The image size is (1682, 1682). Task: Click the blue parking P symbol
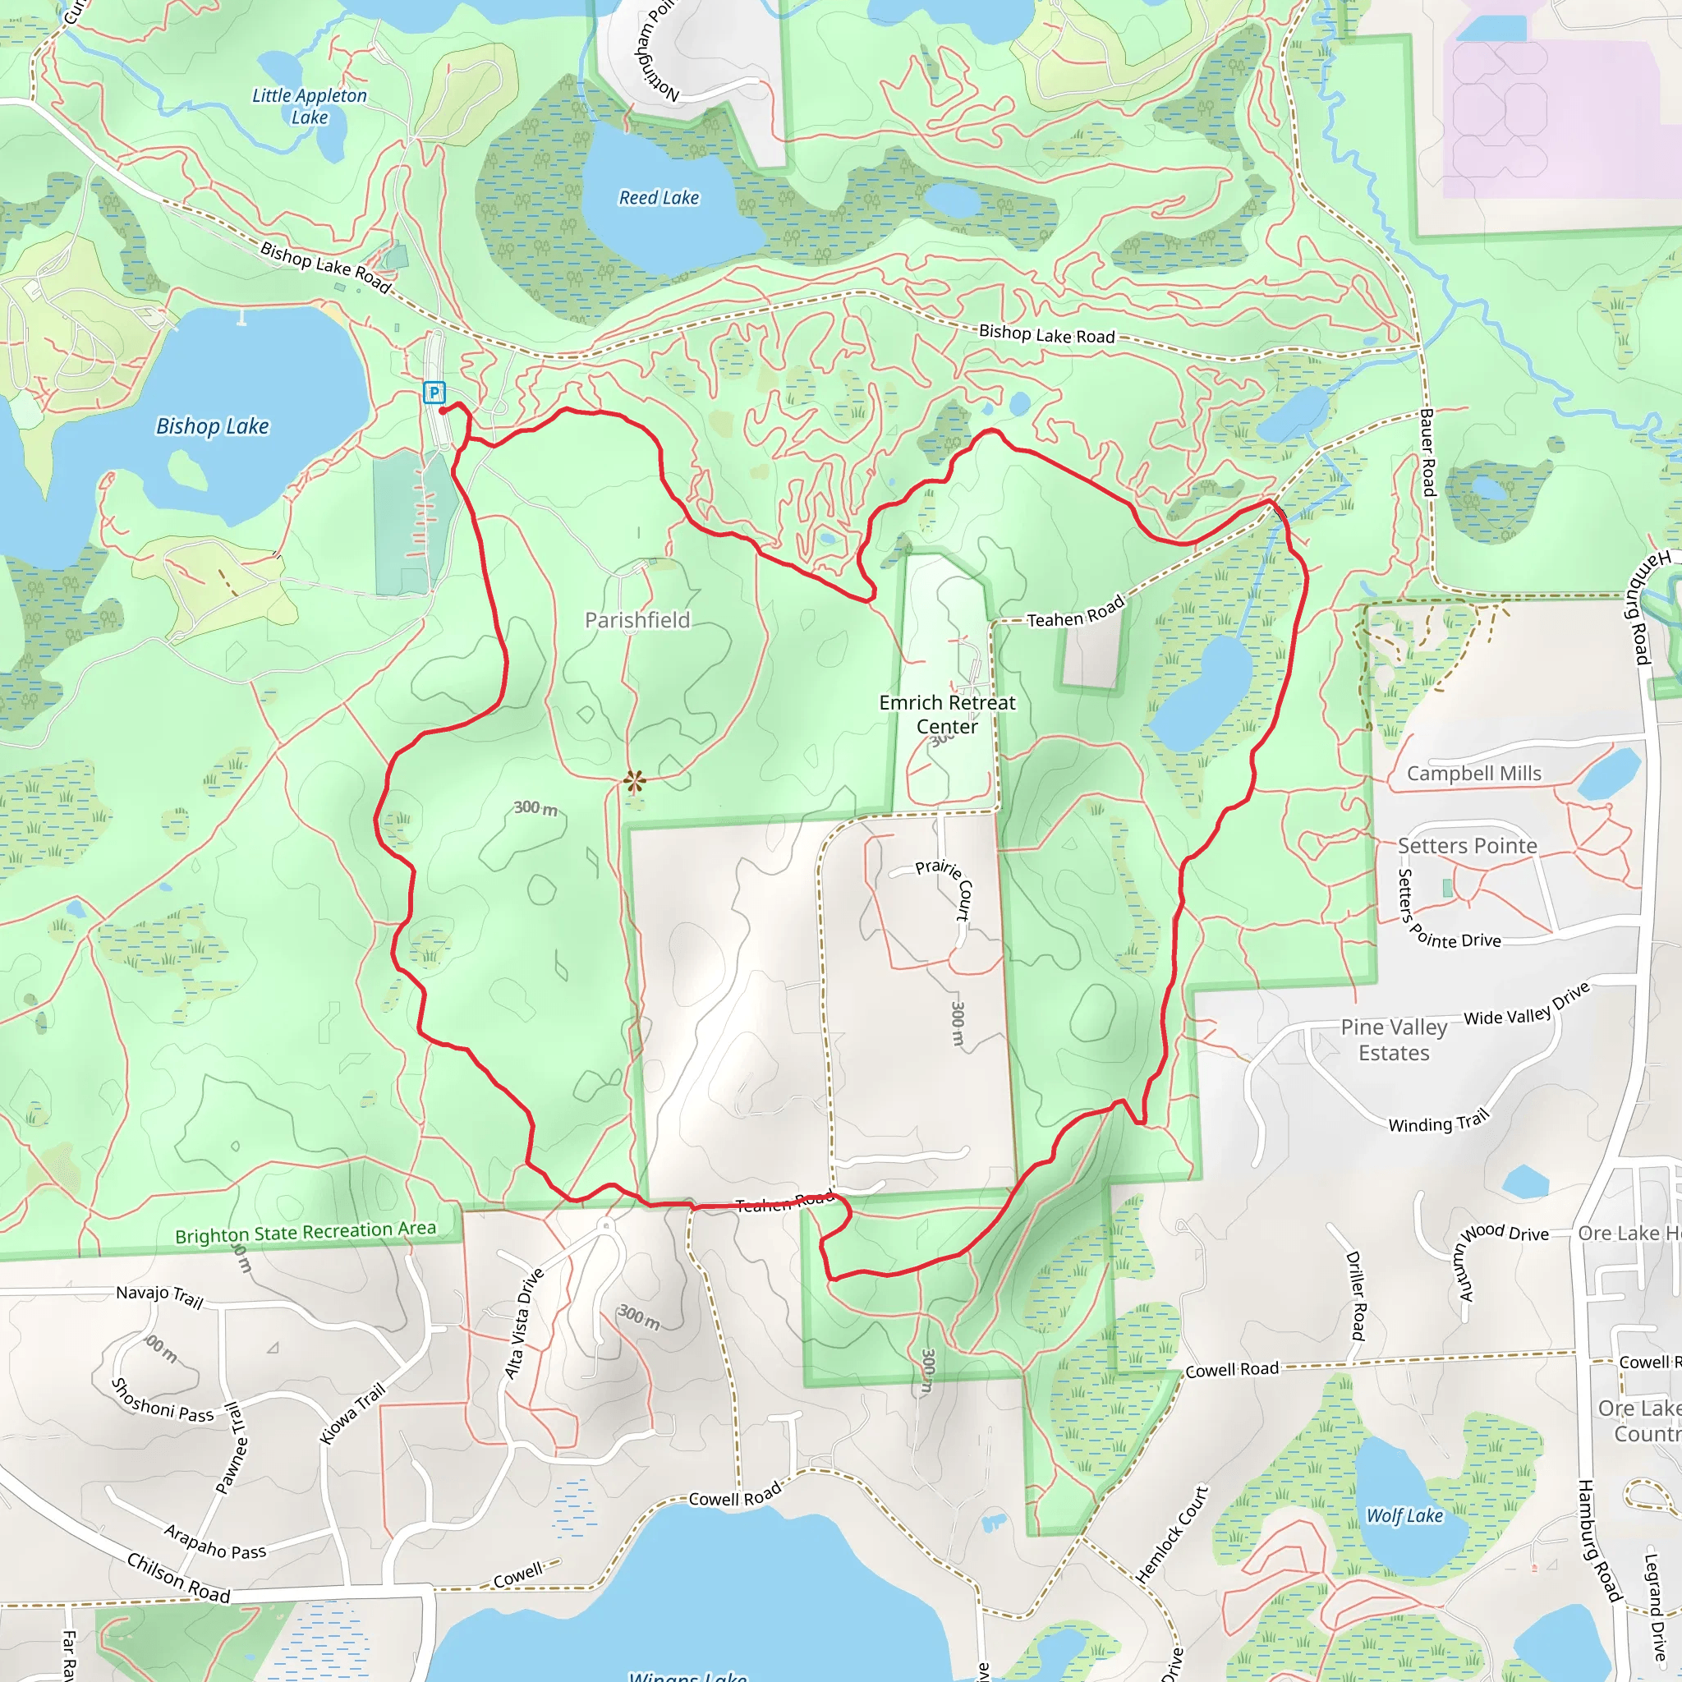(434, 393)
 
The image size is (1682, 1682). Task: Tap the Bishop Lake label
(213, 425)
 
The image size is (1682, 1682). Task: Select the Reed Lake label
(658, 198)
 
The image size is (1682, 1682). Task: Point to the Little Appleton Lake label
(309, 106)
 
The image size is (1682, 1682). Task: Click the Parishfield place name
(637, 620)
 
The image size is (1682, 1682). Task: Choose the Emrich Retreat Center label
(946, 714)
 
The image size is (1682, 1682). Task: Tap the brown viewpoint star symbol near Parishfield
(634, 781)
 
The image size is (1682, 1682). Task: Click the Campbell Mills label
(1473, 773)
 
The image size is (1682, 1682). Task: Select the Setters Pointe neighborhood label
(1467, 845)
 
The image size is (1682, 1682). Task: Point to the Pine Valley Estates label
(1393, 1040)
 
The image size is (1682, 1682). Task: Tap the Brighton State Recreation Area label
(305, 1232)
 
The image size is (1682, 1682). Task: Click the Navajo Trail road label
(160, 1296)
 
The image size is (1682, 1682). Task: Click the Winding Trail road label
(1438, 1122)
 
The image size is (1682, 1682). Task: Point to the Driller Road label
(1355, 1295)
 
